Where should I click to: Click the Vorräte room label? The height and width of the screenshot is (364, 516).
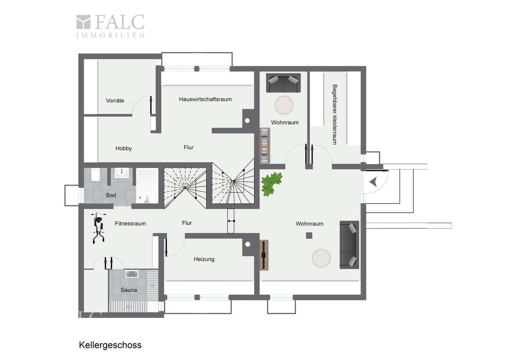[x=115, y=100]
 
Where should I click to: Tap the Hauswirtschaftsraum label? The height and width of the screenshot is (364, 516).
[x=205, y=99]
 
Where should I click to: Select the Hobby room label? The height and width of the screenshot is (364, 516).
[x=124, y=148]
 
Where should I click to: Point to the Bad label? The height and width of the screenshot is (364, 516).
[x=111, y=195]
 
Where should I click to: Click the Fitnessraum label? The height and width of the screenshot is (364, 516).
[x=130, y=223]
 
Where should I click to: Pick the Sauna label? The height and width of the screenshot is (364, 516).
[x=129, y=290]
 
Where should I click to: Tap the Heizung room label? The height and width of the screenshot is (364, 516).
[x=204, y=259]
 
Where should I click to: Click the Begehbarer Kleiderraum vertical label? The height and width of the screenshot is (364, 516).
[x=335, y=115]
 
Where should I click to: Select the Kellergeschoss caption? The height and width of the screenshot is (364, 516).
[x=110, y=345]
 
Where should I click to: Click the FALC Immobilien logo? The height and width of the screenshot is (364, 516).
[x=110, y=26]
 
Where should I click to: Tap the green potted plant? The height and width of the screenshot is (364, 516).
[x=272, y=184]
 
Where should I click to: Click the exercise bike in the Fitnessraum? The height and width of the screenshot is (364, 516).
[x=99, y=227]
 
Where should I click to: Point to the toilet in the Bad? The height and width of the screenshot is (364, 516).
[x=95, y=175]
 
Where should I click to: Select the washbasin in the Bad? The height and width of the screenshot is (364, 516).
[x=122, y=173]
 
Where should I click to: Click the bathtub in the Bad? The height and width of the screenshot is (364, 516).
[x=147, y=186]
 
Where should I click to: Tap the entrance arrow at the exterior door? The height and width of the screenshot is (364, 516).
[x=373, y=182]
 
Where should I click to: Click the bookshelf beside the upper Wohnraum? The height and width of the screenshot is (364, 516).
[x=265, y=146]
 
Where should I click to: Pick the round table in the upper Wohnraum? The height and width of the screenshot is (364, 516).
[x=284, y=105]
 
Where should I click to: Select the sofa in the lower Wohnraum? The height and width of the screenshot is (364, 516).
[x=349, y=245]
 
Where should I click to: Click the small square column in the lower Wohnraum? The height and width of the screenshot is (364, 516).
[x=309, y=236]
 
